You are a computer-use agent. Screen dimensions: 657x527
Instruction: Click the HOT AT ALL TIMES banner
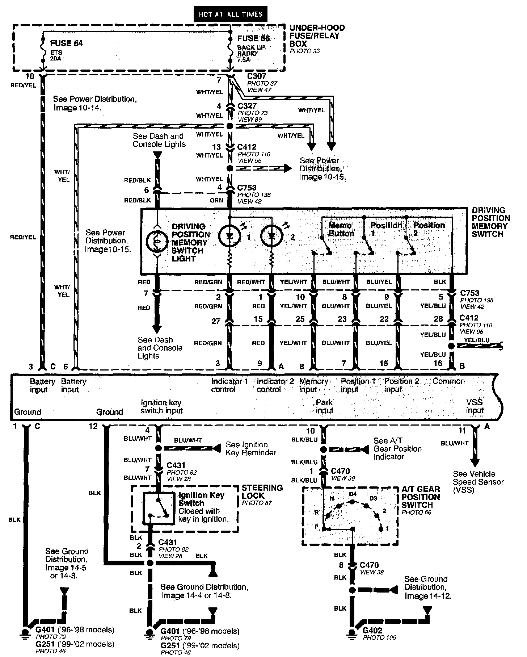(231, 14)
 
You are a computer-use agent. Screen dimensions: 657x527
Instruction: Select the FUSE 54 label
(66, 43)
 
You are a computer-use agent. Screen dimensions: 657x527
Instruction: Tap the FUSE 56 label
(253, 38)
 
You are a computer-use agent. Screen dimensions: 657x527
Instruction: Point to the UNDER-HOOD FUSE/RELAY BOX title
(317, 35)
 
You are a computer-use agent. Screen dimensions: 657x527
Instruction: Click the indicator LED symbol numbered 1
(229, 236)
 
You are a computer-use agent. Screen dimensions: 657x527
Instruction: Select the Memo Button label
(341, 229)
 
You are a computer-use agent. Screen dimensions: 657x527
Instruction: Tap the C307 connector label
(257, 76)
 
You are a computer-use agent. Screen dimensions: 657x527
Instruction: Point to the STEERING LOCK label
(262, 492)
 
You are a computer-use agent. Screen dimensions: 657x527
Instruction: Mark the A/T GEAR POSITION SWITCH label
(421, 497)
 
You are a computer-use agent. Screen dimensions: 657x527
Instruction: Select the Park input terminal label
(324, 406)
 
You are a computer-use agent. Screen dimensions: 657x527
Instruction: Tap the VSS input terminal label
(475, 406)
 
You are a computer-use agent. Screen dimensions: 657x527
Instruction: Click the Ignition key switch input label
(161, 407)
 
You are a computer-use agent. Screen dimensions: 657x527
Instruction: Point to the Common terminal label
(448, 381)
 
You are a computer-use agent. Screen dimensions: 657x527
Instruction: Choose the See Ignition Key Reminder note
(251, 449)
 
